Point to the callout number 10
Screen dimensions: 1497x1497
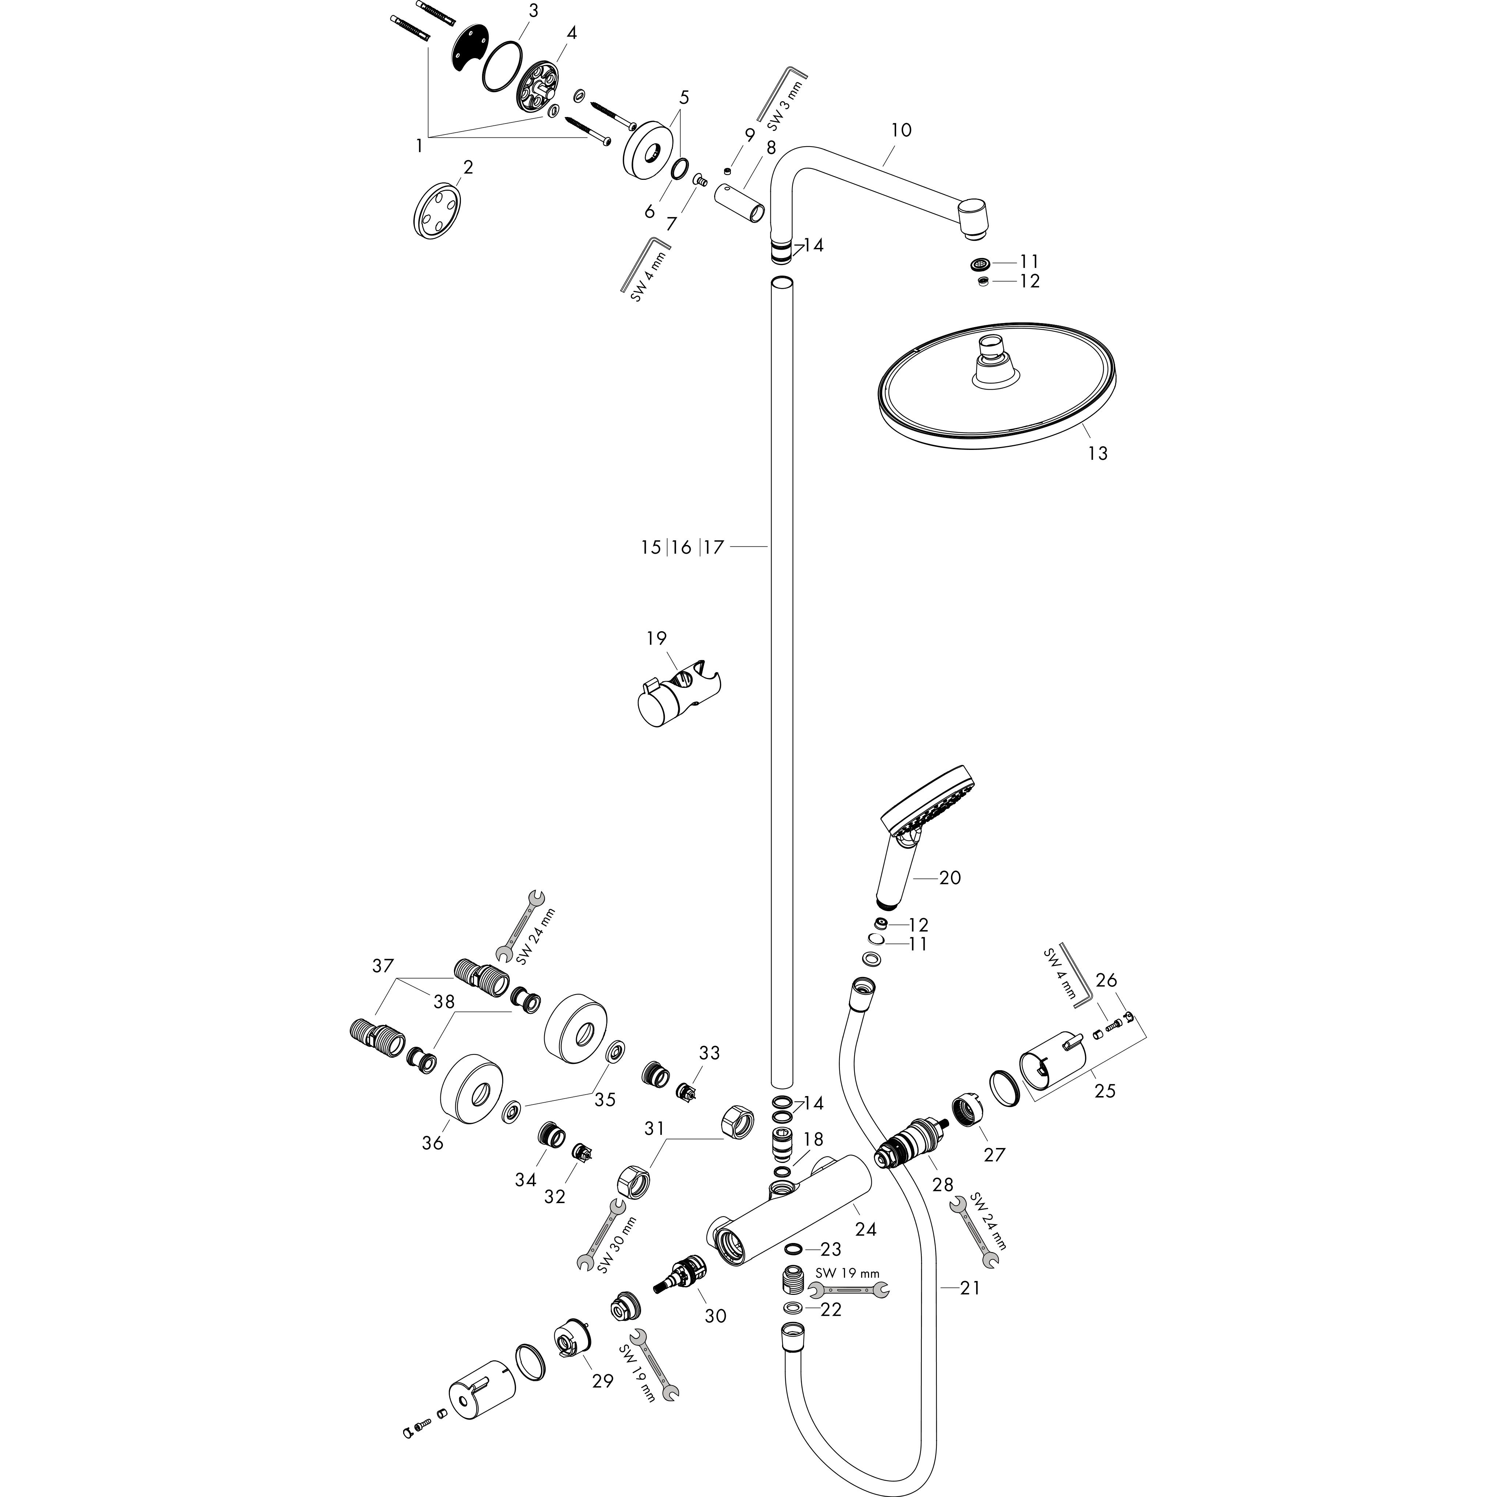tap(901, 130)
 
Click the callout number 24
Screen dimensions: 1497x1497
tap(865, 1229)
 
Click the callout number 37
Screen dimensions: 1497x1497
tap(383, 966)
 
